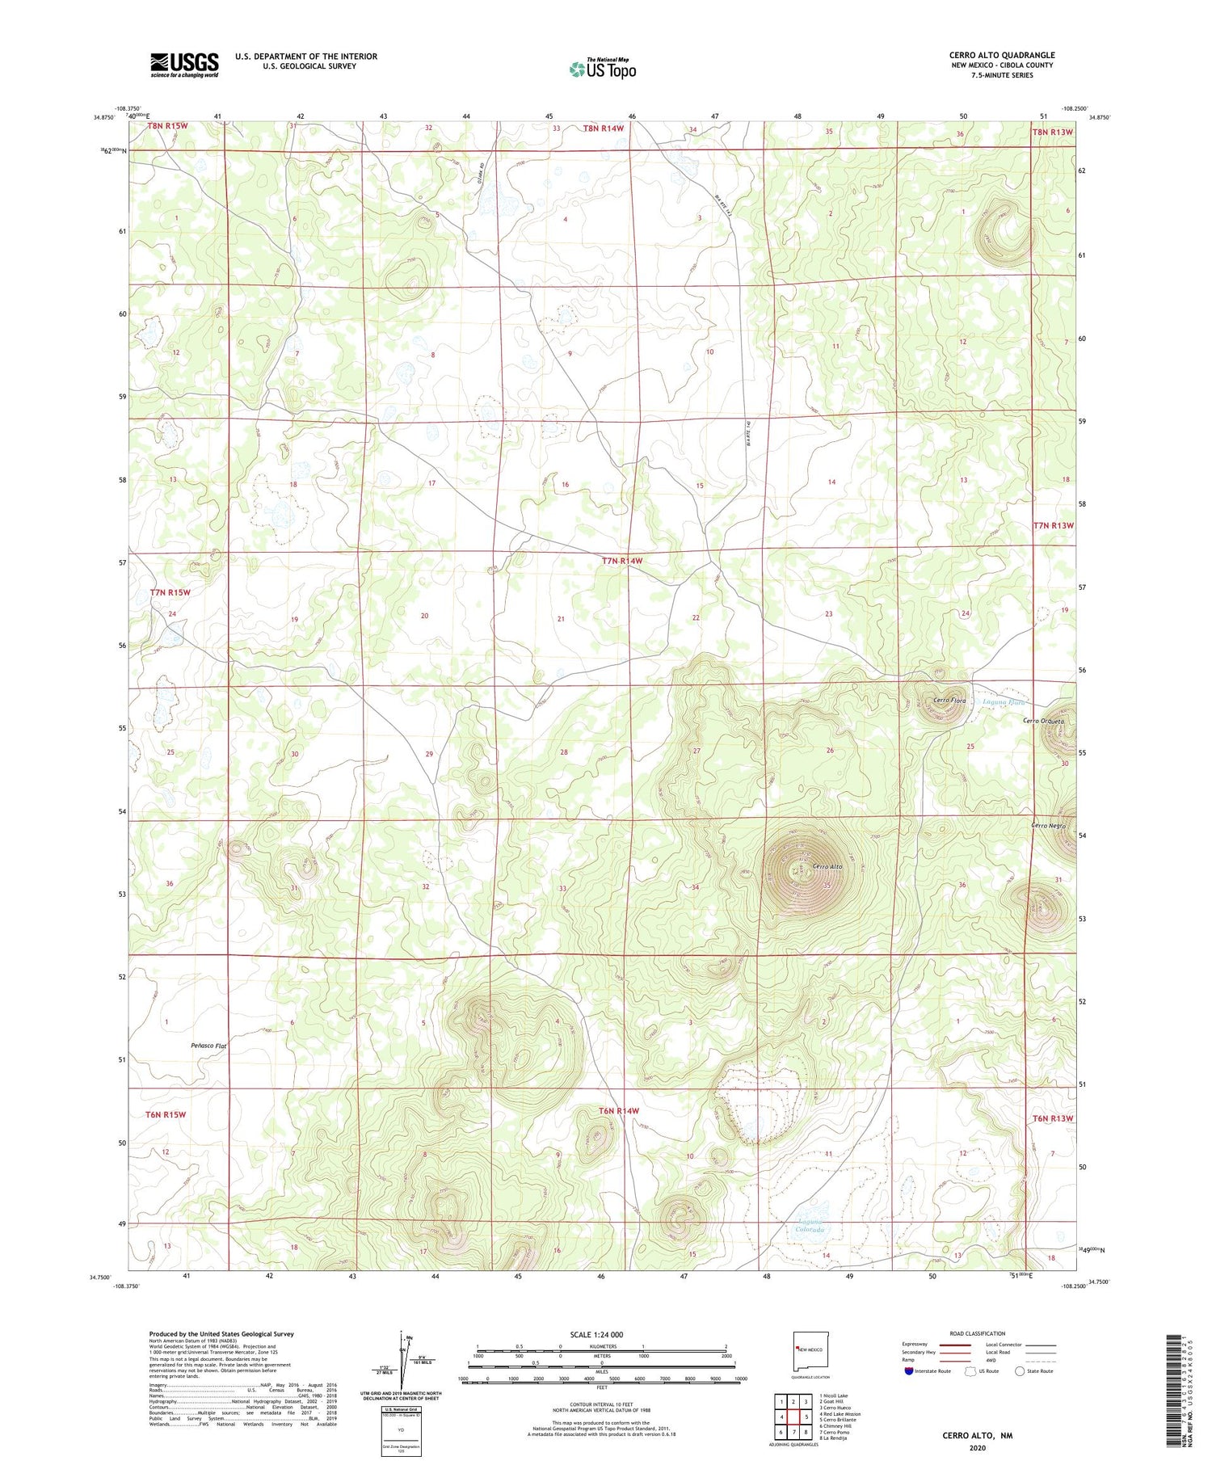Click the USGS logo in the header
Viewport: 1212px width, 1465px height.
click(x=184, y=65)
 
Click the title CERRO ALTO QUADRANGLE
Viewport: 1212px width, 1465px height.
click(x=1002, y=55)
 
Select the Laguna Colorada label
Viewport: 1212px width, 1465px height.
click(x=809, y=1225)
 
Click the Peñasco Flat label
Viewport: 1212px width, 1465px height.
click(x=208, y=1046)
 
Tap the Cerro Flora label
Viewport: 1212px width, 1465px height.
click(x=949, y=701)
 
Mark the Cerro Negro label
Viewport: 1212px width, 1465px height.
click(x=1048, y=826)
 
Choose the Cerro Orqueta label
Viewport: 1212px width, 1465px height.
click(x=1043, y=721)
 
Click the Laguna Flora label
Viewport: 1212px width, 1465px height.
click(x=1003, y=701)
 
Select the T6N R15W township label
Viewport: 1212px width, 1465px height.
click(x=166, y=1114)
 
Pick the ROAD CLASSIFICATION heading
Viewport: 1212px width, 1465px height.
click(x=978, y=1333)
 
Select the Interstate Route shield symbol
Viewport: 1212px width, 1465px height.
click(x=908, y=1370)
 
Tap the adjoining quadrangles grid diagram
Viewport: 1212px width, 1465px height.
click(x=793, y=1416)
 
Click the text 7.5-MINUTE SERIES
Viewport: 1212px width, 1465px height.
click(x=1002, y=75)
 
